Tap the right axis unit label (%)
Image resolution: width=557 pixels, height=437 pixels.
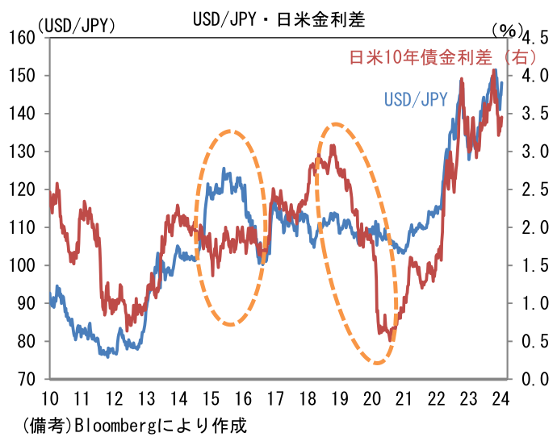(x=507, y=28)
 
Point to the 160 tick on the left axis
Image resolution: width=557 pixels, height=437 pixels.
(x=23, y=38)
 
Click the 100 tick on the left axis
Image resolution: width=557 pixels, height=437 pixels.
(x=23, y=265)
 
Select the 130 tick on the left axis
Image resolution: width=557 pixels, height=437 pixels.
(x=23, y=152)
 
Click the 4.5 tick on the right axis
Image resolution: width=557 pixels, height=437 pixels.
(x=536, y=38)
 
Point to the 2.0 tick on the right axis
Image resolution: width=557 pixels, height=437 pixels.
(x=536, y=227)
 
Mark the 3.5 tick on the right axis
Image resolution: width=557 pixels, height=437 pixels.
(x=536, y=114)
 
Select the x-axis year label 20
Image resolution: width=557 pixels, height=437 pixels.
(x=371, y=397)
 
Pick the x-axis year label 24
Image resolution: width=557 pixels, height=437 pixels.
(x=500, y=397)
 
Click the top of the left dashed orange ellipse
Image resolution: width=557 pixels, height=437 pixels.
(x=232, y=130)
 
